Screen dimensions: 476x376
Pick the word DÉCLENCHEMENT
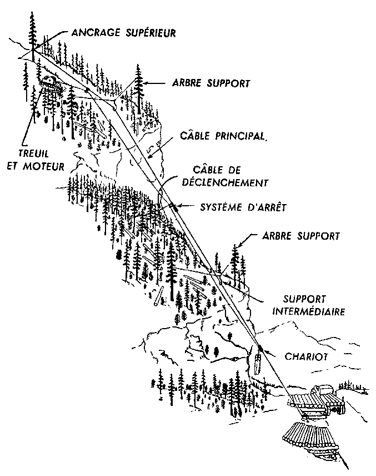pos(234,181)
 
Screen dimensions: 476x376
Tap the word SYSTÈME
pos(222,208)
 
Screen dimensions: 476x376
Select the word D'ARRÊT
pos(265,208)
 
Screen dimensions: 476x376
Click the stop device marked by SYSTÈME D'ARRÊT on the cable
pos(173,207)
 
